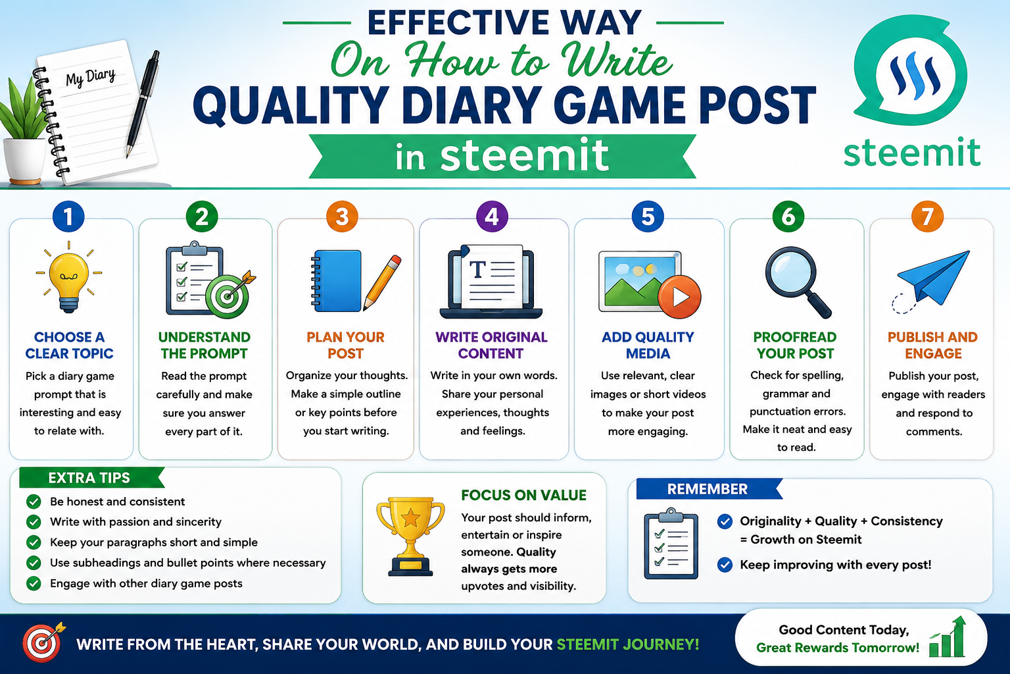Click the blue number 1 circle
click(68, 217)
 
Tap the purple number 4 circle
click(492, 217)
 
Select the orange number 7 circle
click(927, 217)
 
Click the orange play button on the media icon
click(679, 297)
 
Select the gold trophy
click(410, 536)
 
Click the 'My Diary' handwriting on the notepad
click(90, 78)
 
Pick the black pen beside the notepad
click(143, 104)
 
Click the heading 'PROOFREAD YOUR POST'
click(795, 346)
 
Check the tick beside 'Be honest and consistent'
click(34, 502)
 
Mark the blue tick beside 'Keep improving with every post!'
click(725, 565)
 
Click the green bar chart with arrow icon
click(948, 636)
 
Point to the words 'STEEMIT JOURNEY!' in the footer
click(628, 644)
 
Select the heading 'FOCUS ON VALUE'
click(523, 495)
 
